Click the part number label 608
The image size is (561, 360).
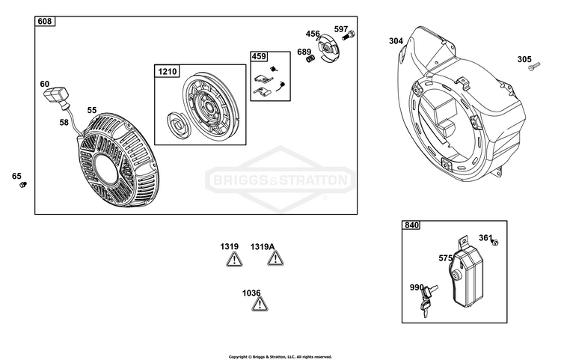45,22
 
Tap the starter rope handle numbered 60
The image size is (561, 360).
57,96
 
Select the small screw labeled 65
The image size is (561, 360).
23,185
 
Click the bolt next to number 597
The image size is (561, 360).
349,35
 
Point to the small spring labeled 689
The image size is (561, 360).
310,58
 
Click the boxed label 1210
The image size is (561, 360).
167,72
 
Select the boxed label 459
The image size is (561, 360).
259,57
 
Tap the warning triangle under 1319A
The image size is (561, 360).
275,258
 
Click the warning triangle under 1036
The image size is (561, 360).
260,304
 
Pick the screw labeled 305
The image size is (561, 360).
534,66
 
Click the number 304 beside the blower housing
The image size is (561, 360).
396,41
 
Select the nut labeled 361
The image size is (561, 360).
495,242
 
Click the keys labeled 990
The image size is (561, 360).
428,301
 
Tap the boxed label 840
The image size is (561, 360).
411,225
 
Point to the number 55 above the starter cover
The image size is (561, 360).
92,110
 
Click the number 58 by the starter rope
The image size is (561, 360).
64,123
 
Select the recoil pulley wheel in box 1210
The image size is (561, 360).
211,106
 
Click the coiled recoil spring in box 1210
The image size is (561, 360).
177,124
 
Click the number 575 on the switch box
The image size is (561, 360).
446,258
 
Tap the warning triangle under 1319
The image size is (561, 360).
234,259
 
